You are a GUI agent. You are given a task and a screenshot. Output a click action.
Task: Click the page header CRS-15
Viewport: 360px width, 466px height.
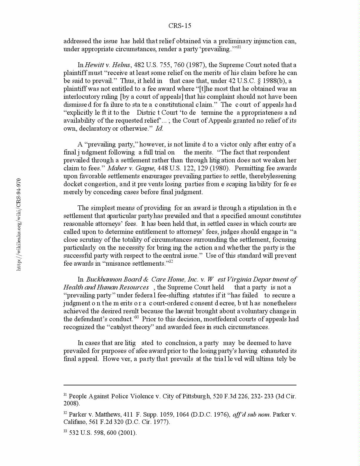click(x=180, y=26)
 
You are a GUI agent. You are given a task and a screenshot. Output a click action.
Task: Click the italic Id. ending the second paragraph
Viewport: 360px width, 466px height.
click(x=159, y=129)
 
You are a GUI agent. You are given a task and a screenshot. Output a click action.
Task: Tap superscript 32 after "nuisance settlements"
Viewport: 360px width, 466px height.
click(x=171, y=262)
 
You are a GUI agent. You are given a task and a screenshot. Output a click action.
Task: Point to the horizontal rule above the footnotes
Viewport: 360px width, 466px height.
click(x=180, y=385)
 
